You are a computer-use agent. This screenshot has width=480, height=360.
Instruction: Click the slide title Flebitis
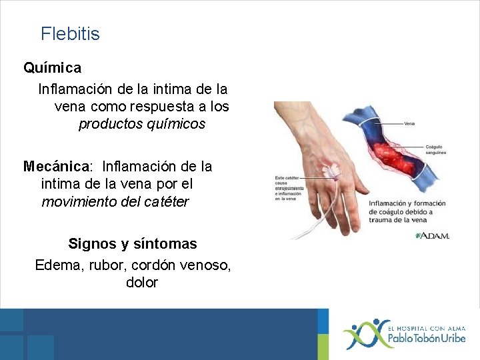tap(70, 33)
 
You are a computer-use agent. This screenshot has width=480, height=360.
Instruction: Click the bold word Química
tap(53, 67)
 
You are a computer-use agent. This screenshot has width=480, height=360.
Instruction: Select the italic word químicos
tap(174, 124)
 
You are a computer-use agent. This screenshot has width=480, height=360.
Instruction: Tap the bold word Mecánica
tap(56, 165)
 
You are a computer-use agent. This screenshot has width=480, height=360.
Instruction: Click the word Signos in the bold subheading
tap(92, 244)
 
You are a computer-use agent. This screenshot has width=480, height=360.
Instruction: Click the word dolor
tap(141, 283)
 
